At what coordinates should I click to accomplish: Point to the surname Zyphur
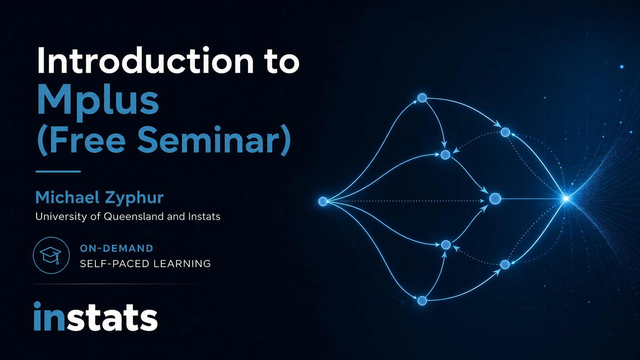(x=134, y=198)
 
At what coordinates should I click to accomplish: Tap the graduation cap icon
(x=51, y=255)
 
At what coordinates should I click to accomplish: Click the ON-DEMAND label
(x=117, y=248)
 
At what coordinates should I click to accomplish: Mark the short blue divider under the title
(x=58, y=171)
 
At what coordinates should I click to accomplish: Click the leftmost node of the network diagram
(x=323, y=201)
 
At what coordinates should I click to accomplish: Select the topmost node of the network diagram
(x=422, y=98)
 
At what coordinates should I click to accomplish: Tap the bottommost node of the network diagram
(x=422, y=301)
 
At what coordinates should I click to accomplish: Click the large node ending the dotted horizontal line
(x=495, y=199)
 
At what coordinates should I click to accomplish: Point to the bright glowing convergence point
(x=566, y=198)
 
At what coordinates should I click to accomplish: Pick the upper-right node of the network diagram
(x=505, y=132)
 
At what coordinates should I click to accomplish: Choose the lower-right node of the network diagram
(x=505, y=264)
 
